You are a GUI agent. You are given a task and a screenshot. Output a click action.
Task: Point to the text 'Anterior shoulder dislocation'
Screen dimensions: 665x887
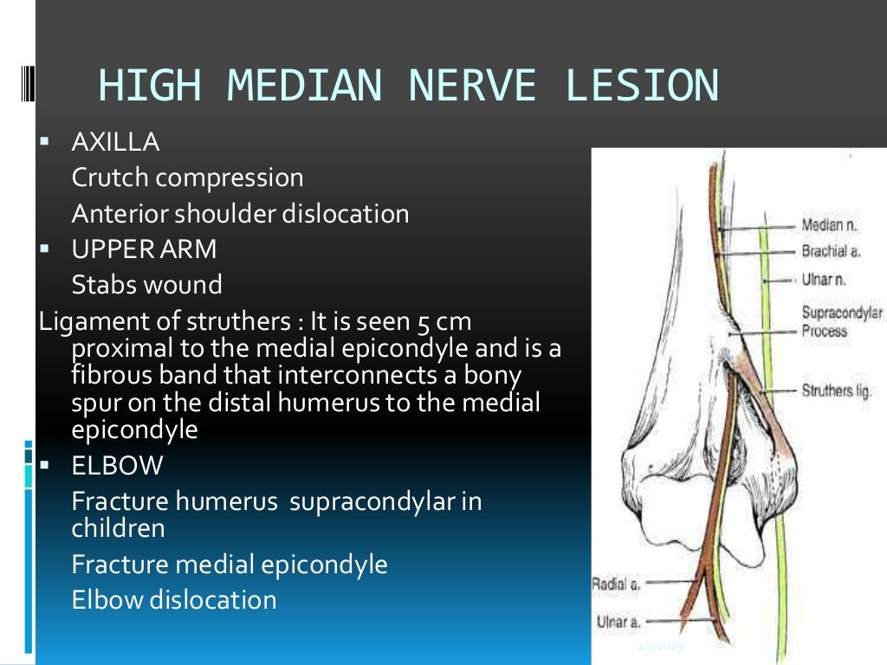click(x=240, y=214)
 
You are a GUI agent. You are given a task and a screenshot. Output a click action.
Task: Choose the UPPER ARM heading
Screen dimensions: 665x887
click(x=144, y=249)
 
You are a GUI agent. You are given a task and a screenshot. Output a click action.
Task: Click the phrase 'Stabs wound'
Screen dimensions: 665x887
click(x=146, y=285)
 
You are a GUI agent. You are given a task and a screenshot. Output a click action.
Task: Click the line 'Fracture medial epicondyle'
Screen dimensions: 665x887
click(x=230, y=565)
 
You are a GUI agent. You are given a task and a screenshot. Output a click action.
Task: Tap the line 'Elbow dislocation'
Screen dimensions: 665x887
click(x=174, y=600)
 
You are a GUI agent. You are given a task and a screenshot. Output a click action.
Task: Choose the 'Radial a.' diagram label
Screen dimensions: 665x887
click(x=615, y=584)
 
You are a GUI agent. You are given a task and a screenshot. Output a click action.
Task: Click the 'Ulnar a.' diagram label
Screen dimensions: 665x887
click(x=617, y=621)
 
